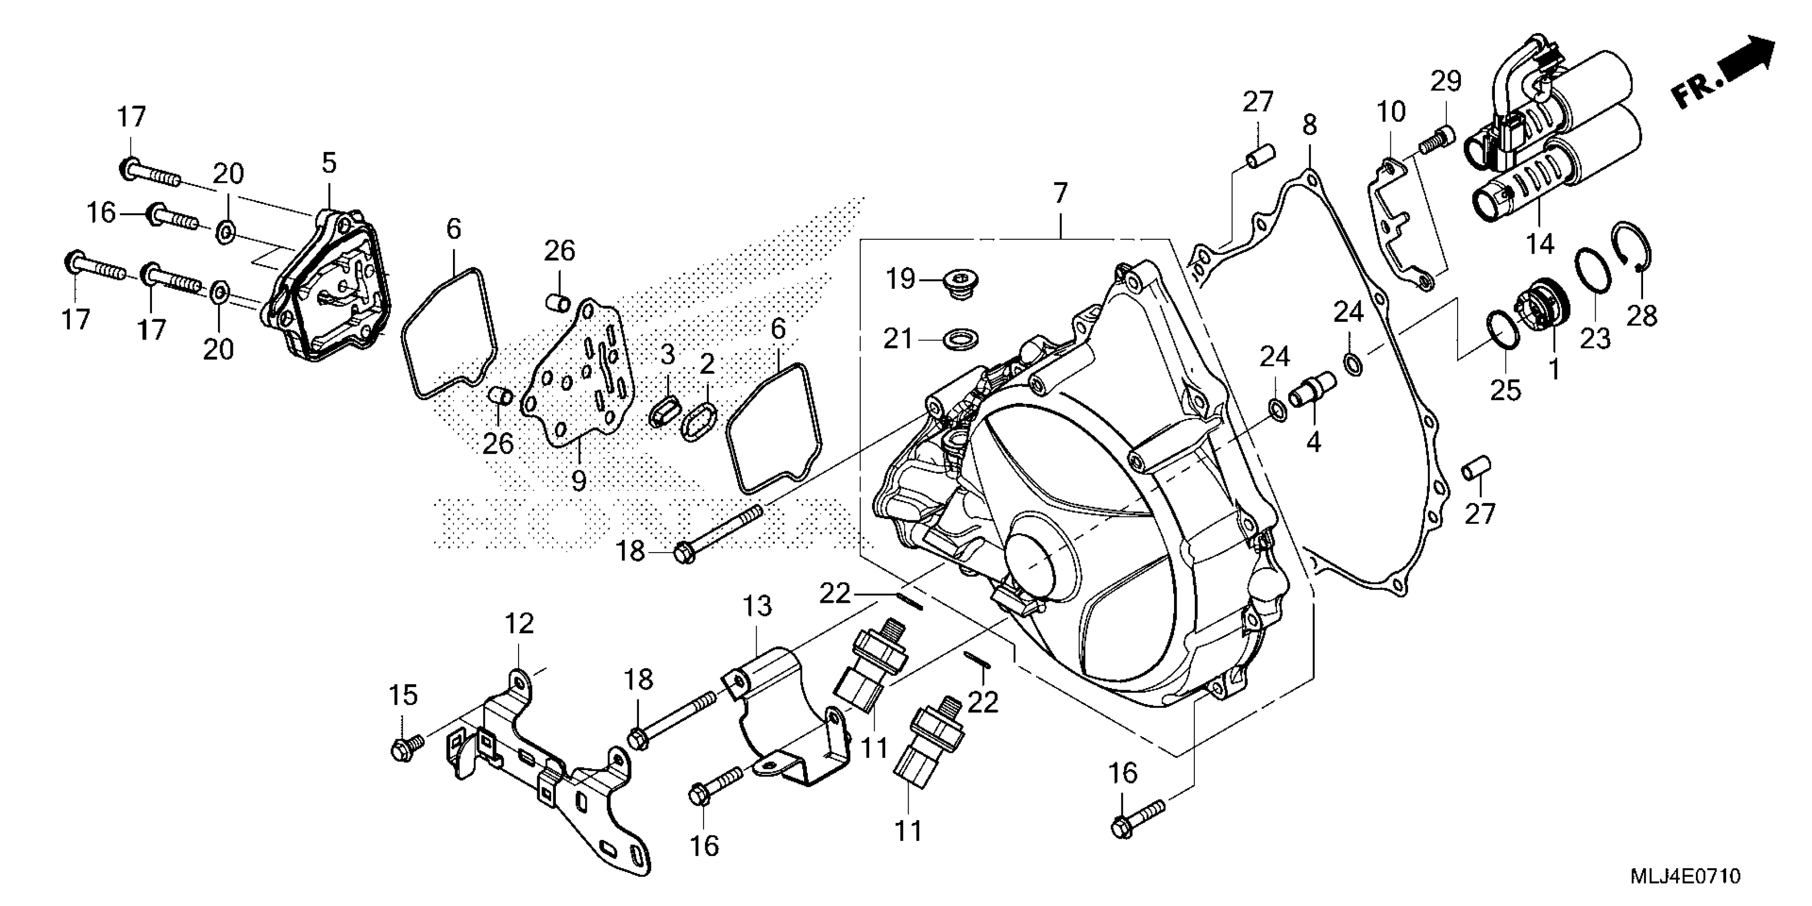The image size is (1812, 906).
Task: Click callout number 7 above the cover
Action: point(1060,193)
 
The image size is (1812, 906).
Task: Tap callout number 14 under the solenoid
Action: point(1540,244)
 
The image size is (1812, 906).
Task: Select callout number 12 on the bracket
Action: point(519,623)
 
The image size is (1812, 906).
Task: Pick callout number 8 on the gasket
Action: point(1308,125)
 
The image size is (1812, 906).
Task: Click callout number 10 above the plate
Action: point(1390,111)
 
